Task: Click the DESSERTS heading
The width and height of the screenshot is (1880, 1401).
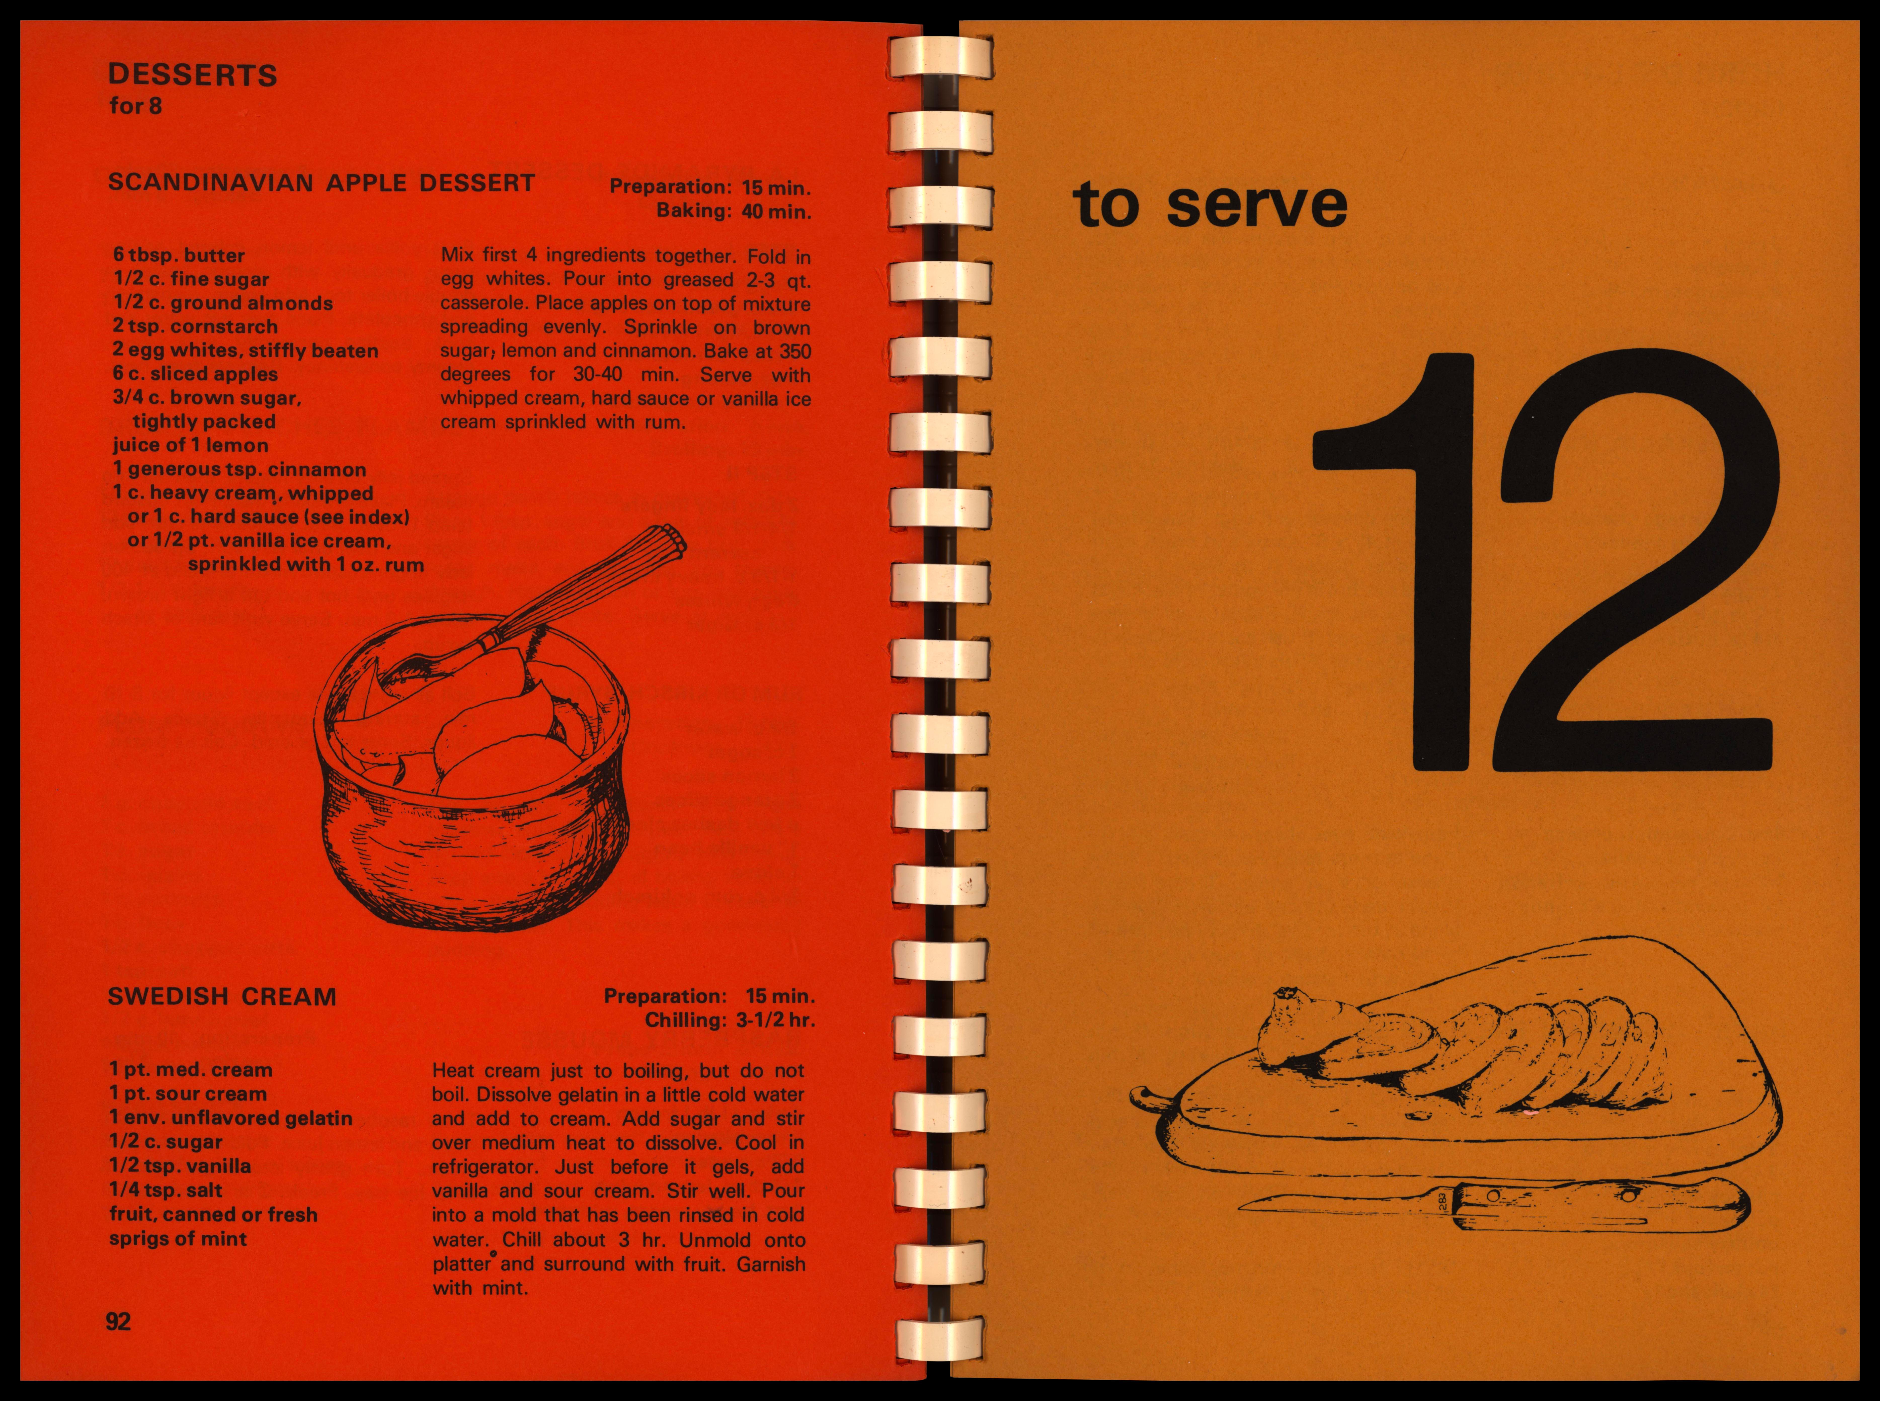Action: tap(193, 75)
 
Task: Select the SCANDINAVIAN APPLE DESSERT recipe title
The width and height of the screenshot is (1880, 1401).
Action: tap(322, 183)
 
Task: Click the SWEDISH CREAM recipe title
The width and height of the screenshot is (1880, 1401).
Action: tap(222, 996)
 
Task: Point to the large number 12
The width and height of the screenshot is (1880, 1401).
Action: tap(1546, 562)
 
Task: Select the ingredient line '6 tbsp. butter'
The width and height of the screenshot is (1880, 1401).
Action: tap(179, 255)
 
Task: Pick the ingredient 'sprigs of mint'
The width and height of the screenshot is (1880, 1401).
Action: tap(178, 1239)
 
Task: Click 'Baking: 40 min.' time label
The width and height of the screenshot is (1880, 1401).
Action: tap(734, 211)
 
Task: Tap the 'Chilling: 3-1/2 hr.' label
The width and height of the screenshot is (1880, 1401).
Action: tap(730, 1020)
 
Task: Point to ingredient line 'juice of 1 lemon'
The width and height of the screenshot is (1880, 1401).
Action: tap(191, 445)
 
